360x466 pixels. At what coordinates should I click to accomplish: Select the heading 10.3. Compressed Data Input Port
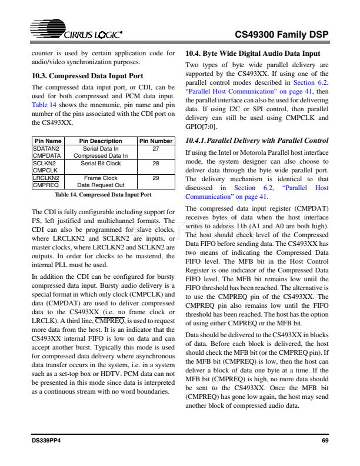(87, 76)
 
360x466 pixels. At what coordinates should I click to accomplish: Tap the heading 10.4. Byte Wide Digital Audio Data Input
(253, 53)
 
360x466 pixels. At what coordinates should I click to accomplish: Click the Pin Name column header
(48, 141)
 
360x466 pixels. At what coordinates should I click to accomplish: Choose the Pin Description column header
(101, 141)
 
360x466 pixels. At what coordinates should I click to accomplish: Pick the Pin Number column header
(156, 141)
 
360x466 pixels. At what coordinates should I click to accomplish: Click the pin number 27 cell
(156, 149)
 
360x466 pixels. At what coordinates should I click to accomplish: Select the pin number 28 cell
(156, 163)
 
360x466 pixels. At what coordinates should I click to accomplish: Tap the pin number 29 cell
(156, 177)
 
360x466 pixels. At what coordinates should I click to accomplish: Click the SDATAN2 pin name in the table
(45, 149)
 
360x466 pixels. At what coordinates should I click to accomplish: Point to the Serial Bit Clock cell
(101, 163)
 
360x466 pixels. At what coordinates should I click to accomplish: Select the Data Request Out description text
(101, 184)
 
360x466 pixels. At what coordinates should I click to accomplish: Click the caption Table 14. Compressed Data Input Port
(103, 194)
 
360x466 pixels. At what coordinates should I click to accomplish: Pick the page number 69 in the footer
(325, 441)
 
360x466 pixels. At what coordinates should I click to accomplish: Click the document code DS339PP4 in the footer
(46, 441)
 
